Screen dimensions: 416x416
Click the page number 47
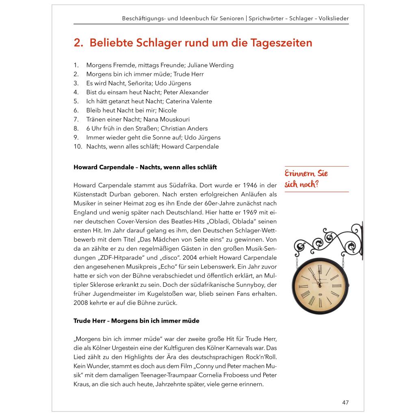pos(345,403)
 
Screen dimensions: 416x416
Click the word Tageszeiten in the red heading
pos(279,43)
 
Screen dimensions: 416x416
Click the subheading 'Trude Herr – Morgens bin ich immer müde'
pos(136,321)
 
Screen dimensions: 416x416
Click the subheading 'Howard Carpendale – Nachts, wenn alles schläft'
pos(145,167)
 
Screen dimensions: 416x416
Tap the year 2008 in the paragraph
pos(81,303)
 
